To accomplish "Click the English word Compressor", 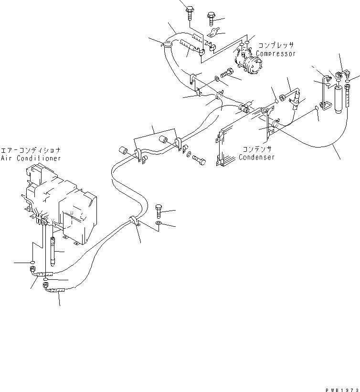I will [276, 54].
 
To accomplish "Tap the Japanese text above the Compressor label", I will [276, 46].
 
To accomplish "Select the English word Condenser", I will [257, 157].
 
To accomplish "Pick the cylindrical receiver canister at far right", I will [339, 98].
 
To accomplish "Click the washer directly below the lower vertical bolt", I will [159, 223].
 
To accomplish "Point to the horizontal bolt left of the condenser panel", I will [200, 162].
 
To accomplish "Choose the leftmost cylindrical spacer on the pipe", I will [123, 150].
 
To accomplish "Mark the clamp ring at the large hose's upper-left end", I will [166, 45].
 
